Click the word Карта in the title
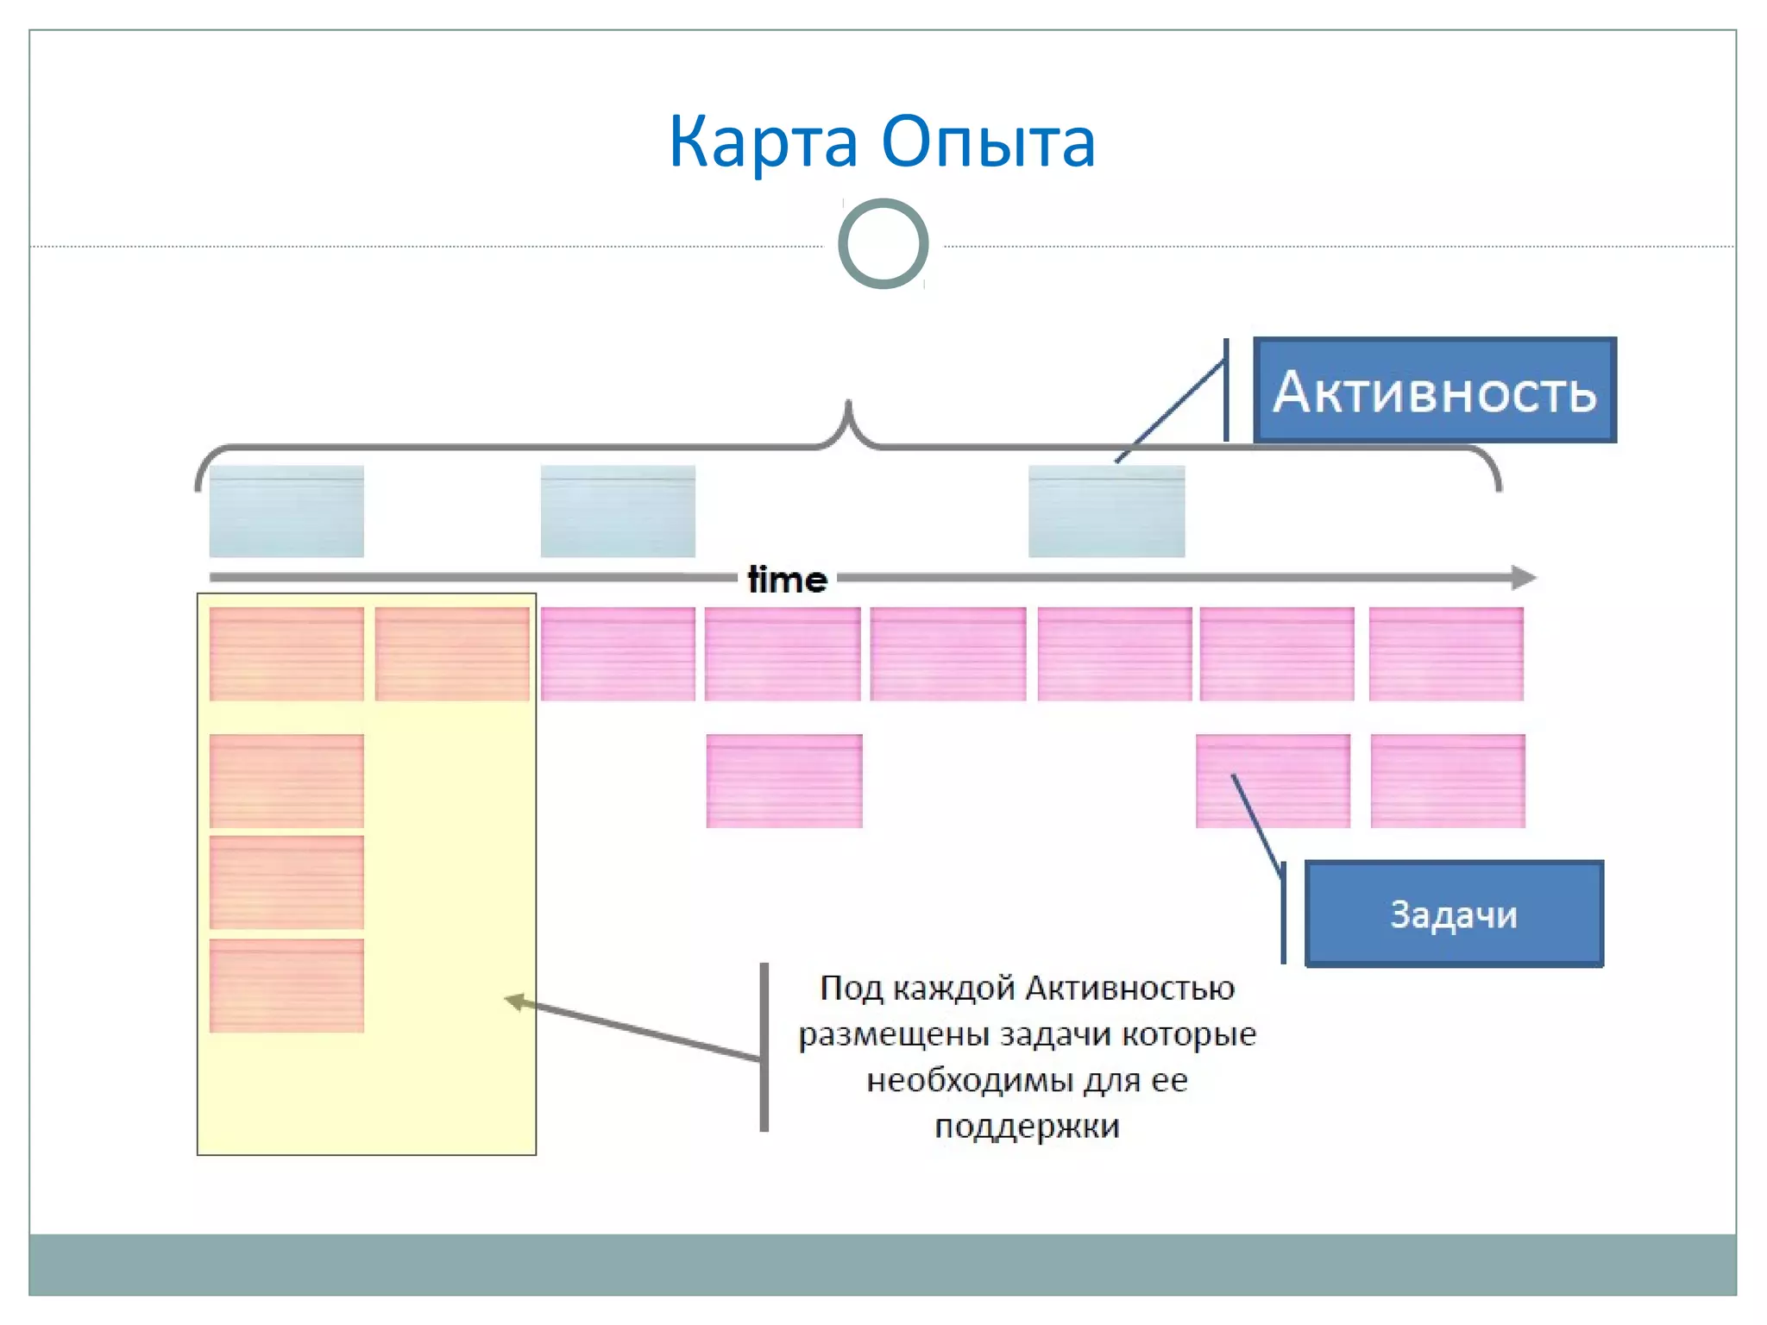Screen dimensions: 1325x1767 763,141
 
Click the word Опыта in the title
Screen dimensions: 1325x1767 989,141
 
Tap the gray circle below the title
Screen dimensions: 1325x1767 883,244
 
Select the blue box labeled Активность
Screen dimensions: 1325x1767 1434,391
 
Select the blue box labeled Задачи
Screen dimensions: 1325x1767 1454,914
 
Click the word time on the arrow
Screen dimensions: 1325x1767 787,580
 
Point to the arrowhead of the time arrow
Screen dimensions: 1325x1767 1525,577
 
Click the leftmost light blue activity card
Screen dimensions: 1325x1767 286,512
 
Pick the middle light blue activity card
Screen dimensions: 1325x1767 618,512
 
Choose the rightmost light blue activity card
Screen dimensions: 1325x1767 1106,512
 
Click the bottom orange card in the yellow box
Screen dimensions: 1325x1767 286,986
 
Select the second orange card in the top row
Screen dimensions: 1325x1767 452,654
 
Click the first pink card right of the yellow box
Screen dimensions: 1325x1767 618,654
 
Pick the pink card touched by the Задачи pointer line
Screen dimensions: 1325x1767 1273,782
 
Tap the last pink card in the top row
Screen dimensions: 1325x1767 1446,654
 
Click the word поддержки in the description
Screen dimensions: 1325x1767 1027,1127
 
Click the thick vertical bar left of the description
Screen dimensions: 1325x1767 764,1046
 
